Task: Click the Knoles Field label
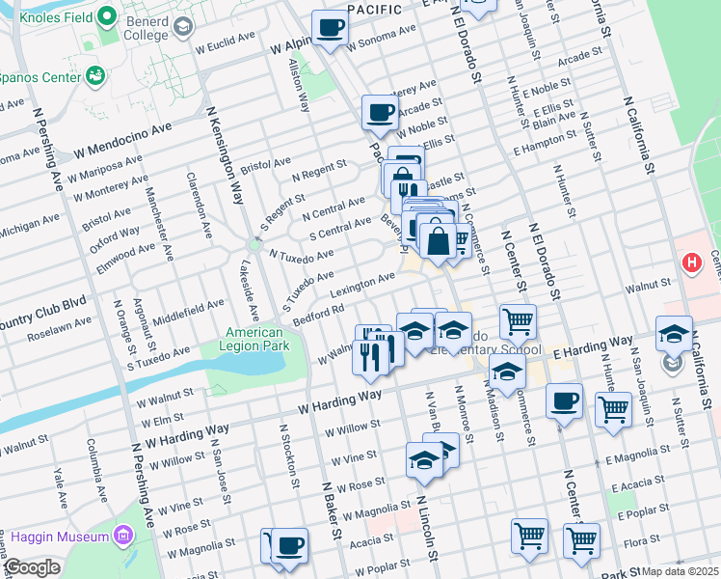pos(48,17)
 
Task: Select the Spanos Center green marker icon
pos(94,74)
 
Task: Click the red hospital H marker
pos(690,262)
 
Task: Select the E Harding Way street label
pos(593,346)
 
